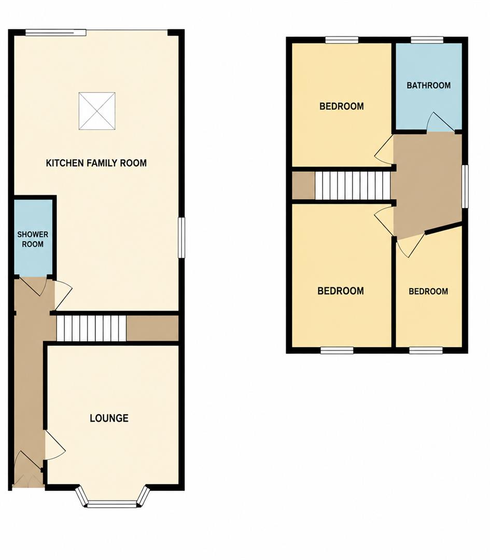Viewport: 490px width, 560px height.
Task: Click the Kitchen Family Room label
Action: (x=96, y=163)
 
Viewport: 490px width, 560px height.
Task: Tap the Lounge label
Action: (x=109, y=418)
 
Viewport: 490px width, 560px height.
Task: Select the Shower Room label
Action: (x=33, y=239)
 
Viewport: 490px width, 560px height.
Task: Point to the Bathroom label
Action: (x=429, y=86)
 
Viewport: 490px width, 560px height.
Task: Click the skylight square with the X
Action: (x=97, y=111)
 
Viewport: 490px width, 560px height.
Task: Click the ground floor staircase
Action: (x=91, y=328)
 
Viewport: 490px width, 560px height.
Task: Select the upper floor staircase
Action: (x=352, y=186)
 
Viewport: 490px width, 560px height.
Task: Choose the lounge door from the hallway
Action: (x=54, y=445)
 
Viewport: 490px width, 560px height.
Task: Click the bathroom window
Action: (x=427, y=40)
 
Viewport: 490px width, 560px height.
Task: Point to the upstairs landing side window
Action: (x=465, y=186)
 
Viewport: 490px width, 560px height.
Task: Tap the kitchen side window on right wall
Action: (x=182, y=237)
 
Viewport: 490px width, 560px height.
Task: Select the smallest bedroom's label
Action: (x=428, y=291)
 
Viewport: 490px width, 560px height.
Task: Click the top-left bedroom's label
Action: (x=341, y=106)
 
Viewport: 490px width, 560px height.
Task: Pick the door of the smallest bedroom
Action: (x=410, y=245)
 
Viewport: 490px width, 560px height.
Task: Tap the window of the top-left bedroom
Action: (x=342, y=40)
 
